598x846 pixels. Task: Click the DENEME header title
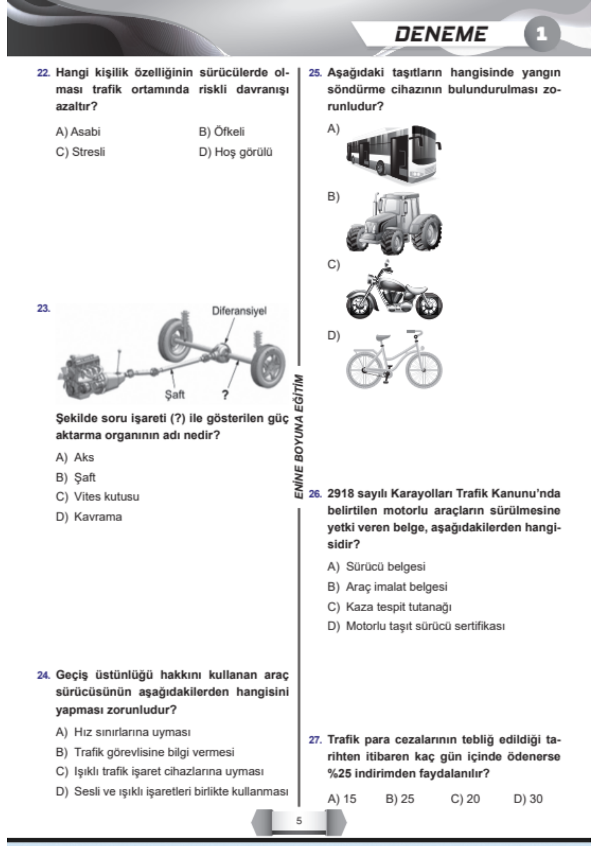(441, 34)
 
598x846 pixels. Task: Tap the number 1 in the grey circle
(542, 34)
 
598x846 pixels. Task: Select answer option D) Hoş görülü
(236, 152)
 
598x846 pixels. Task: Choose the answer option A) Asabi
(78, 132)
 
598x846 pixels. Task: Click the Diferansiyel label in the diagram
(239, 311)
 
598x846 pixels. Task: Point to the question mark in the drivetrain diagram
(225, 395)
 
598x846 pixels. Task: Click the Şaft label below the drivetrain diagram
(175, 395)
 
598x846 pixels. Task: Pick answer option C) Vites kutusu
(97, 497)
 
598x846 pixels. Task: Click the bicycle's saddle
(383, 337)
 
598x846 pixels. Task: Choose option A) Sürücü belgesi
(376, 566)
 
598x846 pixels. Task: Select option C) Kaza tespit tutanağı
(390, 607)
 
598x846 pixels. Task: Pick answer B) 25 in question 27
(400, 799)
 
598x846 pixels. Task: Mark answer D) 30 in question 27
(528, 799)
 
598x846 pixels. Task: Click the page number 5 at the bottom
(299, 821)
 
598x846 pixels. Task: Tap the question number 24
(43, 675)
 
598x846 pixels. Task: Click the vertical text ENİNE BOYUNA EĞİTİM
(299, 436)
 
